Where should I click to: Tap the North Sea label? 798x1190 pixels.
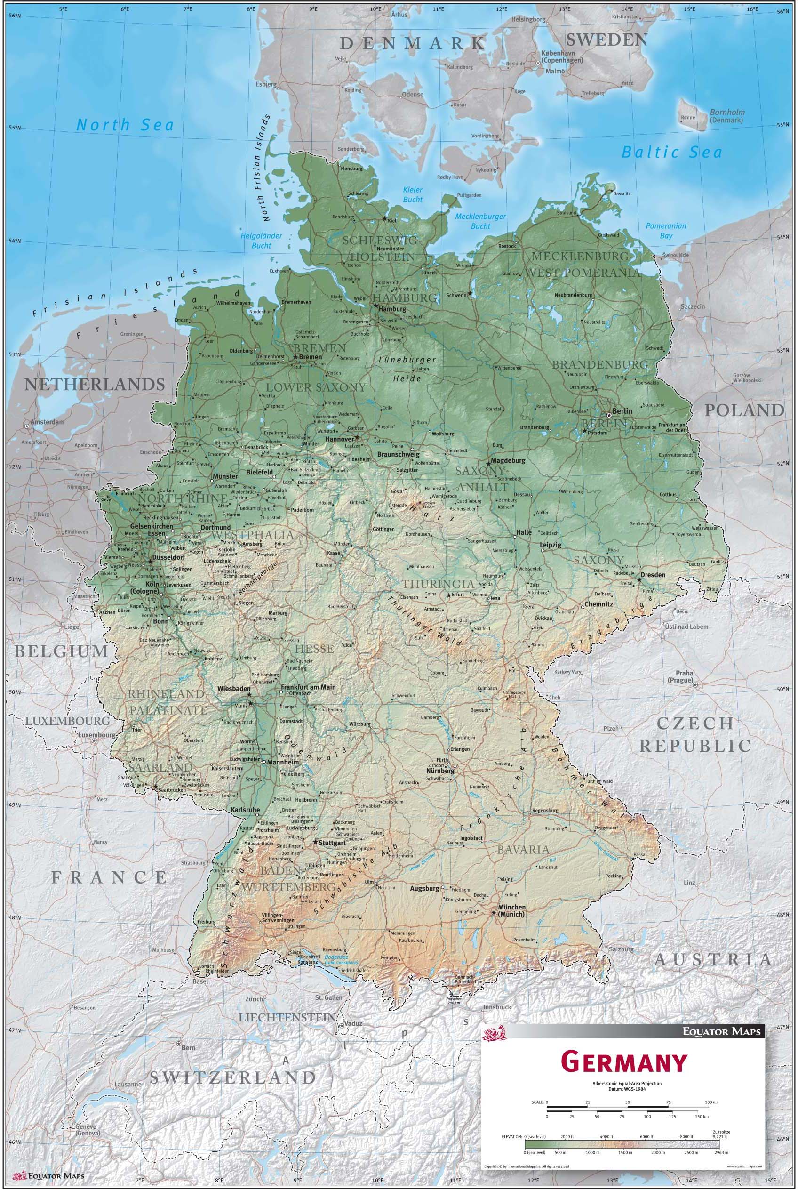coord(125,125)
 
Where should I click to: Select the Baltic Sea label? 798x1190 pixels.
coord(672,152)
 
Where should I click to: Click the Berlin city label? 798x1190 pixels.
coord(622,411)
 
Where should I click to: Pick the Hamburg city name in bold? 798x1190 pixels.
coord(392,309)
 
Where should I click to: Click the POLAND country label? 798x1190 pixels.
coord(743,410)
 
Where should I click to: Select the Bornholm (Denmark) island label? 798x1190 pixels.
coord(727,116)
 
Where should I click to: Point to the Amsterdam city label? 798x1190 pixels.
coord(48,422)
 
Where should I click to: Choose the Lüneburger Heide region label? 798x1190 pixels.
coord(407,369)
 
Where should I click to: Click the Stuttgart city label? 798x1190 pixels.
coord(333,843)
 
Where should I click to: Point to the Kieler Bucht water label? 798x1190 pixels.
coord(413,195)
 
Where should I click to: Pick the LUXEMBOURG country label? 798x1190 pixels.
coord(68,721)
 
